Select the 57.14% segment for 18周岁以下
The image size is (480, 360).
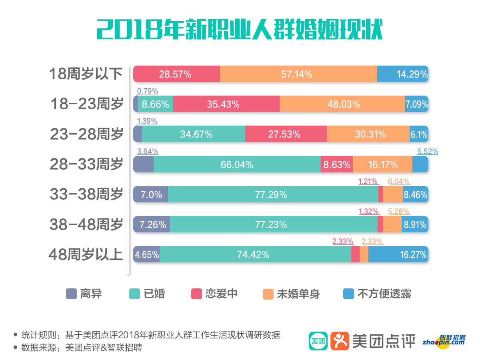coord(298,74)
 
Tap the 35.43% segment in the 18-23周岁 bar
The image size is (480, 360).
coord(226,104)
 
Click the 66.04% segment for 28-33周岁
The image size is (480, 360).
coord(237,164)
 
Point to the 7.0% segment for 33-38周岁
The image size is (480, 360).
coord(151,195)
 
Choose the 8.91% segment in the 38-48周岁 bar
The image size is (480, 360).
coord(415,225)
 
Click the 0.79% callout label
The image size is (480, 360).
coord(147,91)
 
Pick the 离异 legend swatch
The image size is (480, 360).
coord(71,294)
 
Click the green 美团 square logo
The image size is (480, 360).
coord(318,341)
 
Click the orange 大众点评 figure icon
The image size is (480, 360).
coord(340,341)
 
